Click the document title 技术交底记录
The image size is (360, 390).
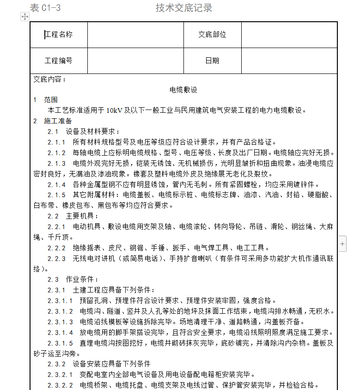(184, 8)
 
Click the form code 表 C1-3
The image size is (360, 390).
(45, 8)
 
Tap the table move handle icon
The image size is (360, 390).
(24, 17)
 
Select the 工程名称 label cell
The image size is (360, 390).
(59, 35)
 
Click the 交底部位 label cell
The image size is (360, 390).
(212, 35)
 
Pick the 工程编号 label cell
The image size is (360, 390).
(59, 61)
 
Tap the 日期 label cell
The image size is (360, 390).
(212, 61)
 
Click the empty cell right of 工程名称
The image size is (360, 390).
(135, 35)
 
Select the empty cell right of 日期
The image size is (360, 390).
(289, 61)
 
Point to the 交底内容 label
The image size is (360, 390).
(50, 79)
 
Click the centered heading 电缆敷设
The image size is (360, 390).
(183, 89)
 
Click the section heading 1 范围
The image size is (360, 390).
(45, 100)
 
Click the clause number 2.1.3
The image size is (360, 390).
(57, 164)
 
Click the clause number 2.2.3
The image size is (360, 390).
(57, 259)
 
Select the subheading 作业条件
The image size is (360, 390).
(82, 280)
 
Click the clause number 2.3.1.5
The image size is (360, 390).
(60, 343)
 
